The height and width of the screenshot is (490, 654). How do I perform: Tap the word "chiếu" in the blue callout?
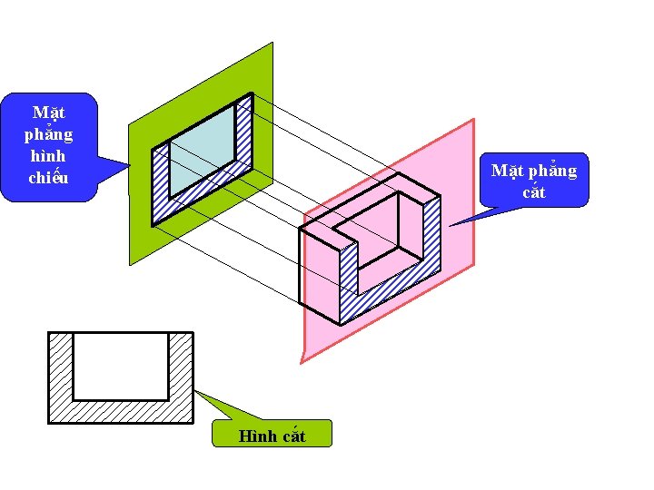coord(48,178)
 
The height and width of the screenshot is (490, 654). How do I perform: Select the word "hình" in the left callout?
coord(48,156)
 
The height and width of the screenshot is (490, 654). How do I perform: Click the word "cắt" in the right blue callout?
coord(534,191)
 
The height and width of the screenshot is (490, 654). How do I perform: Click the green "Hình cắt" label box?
coord(272,435)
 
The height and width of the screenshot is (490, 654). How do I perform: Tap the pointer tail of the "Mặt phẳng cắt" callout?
coord(472,218)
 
